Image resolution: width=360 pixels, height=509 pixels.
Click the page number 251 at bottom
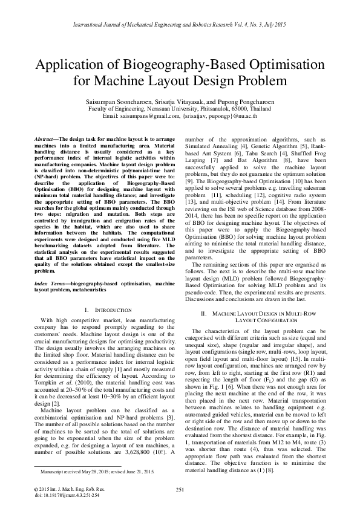(x=180, y=490)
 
